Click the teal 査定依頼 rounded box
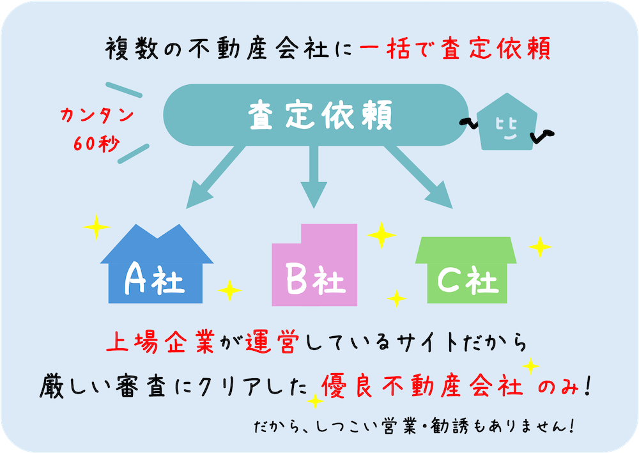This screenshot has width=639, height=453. click(x=316, y=115)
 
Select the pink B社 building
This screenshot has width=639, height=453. click(x=314, y=265)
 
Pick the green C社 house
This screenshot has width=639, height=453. click(x=466, y=270)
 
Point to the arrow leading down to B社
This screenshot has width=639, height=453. click(x=314, y=177)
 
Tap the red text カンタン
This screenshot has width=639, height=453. click(x=96, y=115)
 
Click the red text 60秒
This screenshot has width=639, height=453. click(x=96, y=143)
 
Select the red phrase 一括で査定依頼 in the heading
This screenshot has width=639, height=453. click(x=455, y=49)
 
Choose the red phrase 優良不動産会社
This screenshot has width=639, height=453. click(x=422, y=385)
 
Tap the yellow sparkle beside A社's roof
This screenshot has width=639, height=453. click(x=96, y=226)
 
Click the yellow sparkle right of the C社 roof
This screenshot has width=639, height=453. click(x=540, y=247)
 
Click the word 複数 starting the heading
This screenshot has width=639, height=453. click(x=132, y=49)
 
